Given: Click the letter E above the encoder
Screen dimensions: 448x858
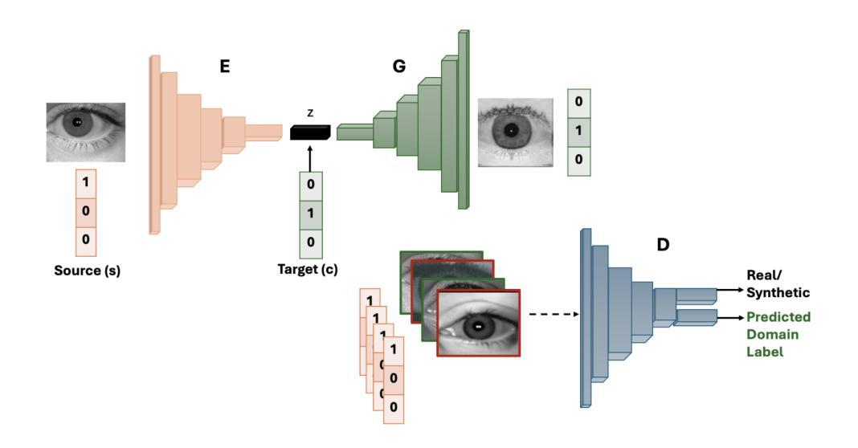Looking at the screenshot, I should pyautogui.click(x=225, y=67).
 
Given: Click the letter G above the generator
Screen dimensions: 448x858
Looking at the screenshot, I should pyautogui.click(x=398, y=67).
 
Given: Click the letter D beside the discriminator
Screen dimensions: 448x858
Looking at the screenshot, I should pyautogui.click(x=663, y=244).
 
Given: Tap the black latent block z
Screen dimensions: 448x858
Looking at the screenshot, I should pyautogui.click(x=310, y=133).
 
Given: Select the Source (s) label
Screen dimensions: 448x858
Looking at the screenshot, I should pyautogui.click(x=87, y=271).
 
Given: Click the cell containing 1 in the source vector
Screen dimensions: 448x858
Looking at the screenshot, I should pyautogui.click(x=86, y=184).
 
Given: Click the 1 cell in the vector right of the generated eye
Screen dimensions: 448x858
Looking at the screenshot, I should pyautogui.click(x=579, y=132).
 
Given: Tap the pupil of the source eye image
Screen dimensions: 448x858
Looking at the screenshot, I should pyautogui.click(x=77, y=123).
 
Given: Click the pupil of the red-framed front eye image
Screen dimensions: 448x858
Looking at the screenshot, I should pyautogui.click(x=478, y=327).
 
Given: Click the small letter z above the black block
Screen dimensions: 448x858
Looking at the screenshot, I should pyautogui.click(x=310, y=112).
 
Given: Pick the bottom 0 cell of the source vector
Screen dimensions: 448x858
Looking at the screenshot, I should pyautogui.click(x=86, y=238).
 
